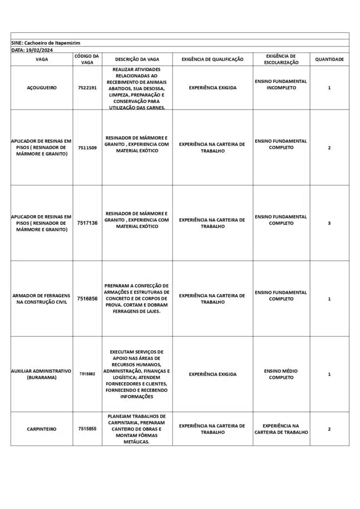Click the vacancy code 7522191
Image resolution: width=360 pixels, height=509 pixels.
[x=88, y=87]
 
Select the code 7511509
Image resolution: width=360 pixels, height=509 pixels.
[x=88, y=148]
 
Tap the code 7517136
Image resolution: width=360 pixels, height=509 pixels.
[x=88, y=223]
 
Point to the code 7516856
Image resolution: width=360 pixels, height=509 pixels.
[x=88, y=299]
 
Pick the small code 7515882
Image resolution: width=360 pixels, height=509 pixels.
[x=88, y=374]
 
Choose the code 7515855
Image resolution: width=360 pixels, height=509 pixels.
[x=88, y=428]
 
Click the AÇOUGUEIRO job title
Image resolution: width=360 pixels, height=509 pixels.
[x=42, y=87]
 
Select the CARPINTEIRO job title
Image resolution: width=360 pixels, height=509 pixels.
[x=42, y=428]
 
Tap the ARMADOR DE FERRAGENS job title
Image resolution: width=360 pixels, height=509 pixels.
[x=42, y=299]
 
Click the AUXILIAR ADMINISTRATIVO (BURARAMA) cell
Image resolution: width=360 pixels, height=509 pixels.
[x=42, y=374]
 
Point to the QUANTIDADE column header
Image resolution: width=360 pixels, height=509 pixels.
[x=329, y=59]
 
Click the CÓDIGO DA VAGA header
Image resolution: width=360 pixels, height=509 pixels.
[x=88, y=59]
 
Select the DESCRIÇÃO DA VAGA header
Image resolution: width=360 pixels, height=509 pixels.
[x=137, y=59]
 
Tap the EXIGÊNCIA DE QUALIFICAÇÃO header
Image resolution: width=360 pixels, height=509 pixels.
[x=212, y=59]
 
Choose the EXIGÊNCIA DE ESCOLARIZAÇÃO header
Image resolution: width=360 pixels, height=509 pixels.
[x=281, y=59]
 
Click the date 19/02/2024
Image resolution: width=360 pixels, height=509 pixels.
[x=39, y=50]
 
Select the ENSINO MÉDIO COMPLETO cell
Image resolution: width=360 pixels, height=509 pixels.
[x=281, y=374]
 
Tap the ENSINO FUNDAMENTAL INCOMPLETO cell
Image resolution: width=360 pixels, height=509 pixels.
[x=281, y=84]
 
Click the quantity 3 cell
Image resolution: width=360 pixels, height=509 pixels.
[x=329, y=223]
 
